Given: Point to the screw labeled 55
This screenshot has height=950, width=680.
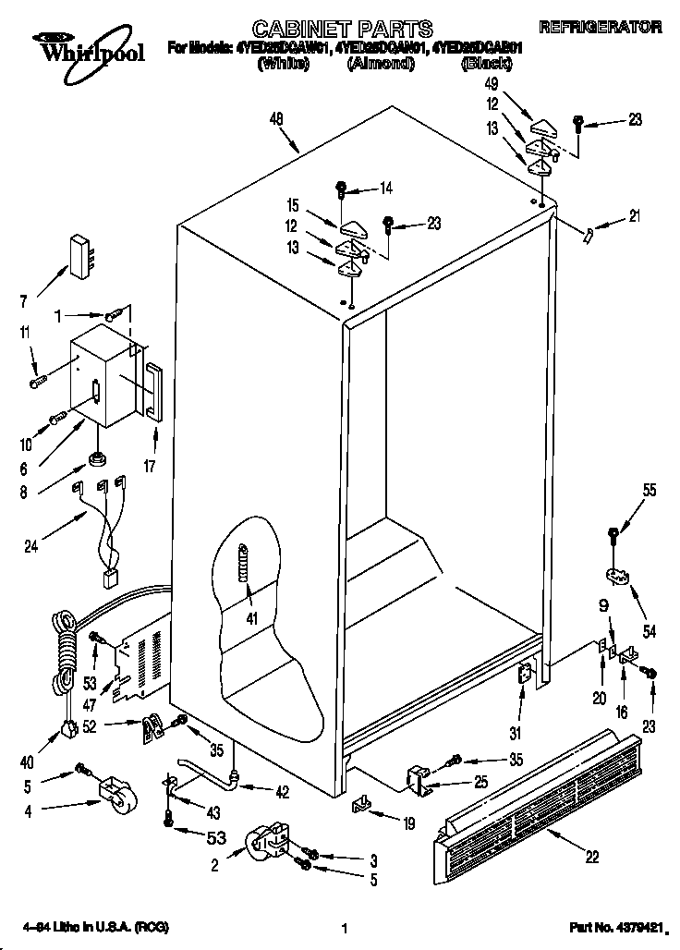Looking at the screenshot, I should point(613,535).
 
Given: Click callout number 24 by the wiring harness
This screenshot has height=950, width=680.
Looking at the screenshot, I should point(30,545).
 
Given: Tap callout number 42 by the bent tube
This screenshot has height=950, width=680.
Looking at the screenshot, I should point(283,791).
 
